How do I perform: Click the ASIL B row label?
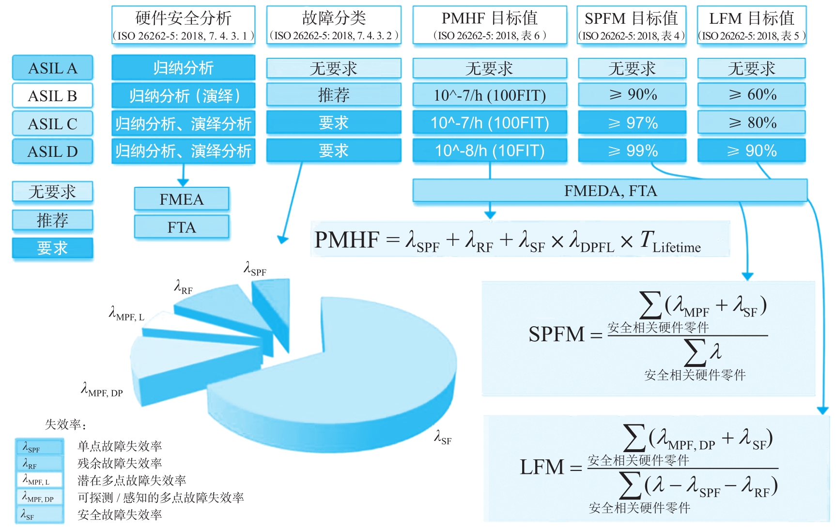(52, 96)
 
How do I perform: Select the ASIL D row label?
(52, 152)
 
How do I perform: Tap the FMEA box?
(182, 199)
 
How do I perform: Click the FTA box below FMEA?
(182, 227)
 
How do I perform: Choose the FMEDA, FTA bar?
(610, 191)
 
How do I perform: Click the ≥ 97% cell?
(632, 123)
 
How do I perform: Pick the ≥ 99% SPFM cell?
(632, 151)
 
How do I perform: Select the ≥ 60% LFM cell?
(751, 95)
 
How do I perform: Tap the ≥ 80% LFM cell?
(751, 123)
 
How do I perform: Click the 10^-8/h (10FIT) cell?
(489, 151)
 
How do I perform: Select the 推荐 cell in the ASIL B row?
(334, 95)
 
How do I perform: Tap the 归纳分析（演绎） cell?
(183, 96)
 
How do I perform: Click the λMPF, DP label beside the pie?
(102, 390)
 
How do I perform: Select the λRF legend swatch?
(39, 463)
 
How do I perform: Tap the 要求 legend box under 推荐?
(52, 248)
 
